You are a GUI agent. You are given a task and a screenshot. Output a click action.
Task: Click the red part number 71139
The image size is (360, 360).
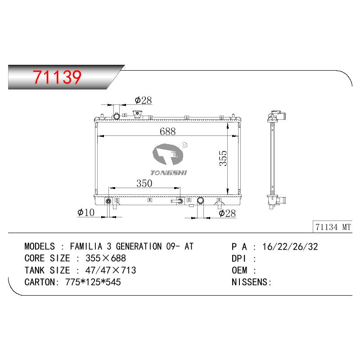tap(57, 77)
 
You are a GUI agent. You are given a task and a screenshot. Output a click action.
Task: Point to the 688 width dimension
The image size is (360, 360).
tap(167, 131)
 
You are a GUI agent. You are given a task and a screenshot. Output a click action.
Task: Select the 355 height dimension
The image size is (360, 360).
tap(223, 158)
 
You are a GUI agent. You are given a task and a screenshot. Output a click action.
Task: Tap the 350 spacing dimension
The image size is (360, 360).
tap(144, 183)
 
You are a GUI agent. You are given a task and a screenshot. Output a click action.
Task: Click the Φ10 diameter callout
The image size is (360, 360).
tap(86, 212)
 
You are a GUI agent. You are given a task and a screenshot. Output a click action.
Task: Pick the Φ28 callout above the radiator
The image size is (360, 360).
tap(143, 100)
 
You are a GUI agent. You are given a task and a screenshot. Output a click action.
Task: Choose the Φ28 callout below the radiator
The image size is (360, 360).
tap(227, 213)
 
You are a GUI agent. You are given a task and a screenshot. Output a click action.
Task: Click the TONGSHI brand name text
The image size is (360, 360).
tap(169, 173)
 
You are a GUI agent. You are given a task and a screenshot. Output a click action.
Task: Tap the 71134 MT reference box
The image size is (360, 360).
tap(333, 227)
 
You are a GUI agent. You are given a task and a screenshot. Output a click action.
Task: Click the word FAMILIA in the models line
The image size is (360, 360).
tap(86, 246)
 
